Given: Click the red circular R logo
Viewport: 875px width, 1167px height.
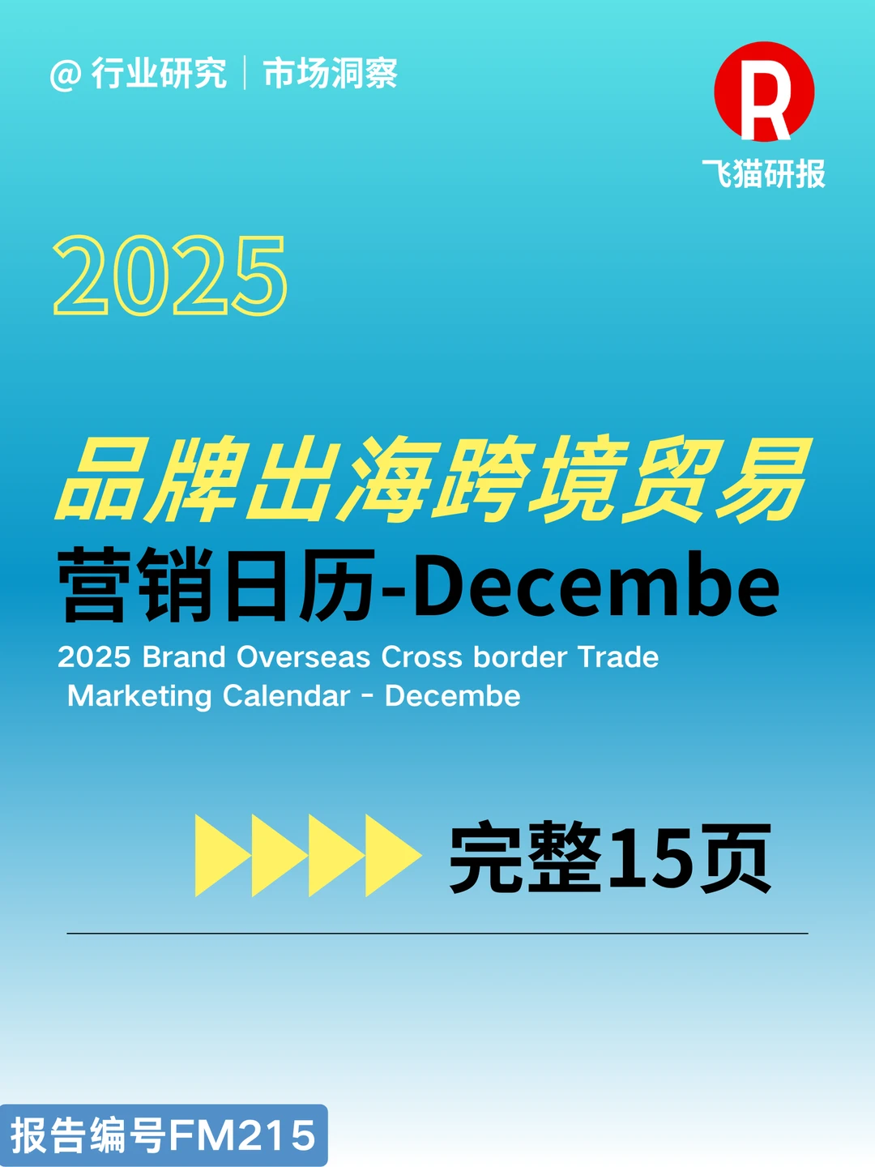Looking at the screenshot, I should coord(764,92).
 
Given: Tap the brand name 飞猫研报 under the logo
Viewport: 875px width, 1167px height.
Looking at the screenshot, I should coord(763,174).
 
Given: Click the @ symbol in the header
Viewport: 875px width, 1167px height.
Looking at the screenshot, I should coord(66,75).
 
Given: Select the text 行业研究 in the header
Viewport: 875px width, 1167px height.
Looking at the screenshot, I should coord(159,74).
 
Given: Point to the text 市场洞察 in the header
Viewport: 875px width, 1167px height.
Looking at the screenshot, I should coord(331,74).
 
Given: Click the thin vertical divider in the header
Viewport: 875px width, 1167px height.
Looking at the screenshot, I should coord(245,74).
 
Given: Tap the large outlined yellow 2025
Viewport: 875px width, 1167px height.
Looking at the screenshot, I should coord(170,276).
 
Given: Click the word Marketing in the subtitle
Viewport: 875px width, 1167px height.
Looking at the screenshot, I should coord(139,696).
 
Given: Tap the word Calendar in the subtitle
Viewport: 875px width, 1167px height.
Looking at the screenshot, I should coord(286,696).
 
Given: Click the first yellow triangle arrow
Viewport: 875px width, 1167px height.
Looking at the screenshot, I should coord(220,856).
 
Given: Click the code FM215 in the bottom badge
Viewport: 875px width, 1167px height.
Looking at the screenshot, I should coord(242,1135).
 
